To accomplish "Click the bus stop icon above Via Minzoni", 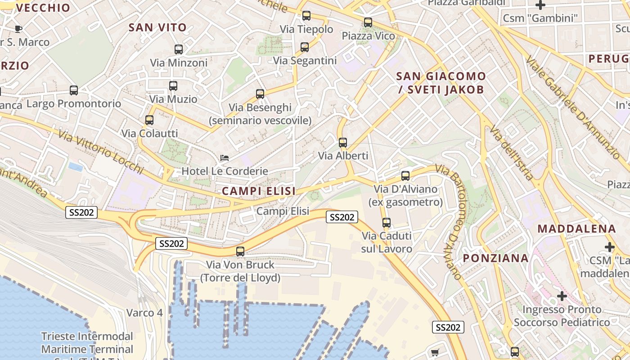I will (x=179, y=49).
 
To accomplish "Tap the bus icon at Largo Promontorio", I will (x=74, y=90).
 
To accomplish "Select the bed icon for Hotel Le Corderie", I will (x=225, y=158).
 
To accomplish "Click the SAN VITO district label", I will (x=157, y=27).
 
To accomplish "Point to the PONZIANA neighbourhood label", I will (x=496, y=258).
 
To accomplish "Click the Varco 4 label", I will (x=144, y=313).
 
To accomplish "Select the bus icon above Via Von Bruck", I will (x=240, y=252).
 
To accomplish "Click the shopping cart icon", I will (x=435, y=353).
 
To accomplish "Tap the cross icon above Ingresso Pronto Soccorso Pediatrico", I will (x=562, y=296).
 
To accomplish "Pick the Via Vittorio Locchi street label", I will (x=100, y=152).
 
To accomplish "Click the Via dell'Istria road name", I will (x=512, y=153).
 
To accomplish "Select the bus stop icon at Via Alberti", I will (x=343, y=143).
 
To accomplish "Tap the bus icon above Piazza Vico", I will (x=368, y=22).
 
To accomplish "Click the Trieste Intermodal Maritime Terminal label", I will (x=87, y=342).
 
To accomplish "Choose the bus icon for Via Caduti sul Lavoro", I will (x=387, y=223).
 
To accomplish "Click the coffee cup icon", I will (x=18, y=29).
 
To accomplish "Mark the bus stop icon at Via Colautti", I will (x=149, y=120).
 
